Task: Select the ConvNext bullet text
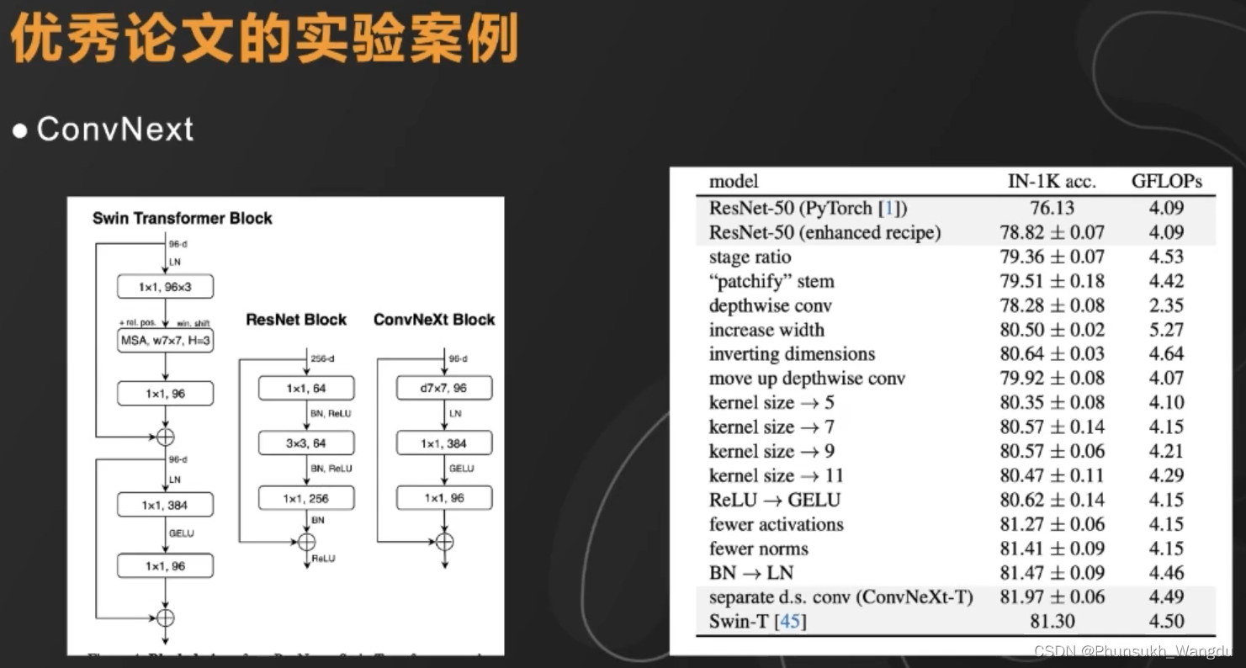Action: point(114,130)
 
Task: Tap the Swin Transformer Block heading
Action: point(182,219)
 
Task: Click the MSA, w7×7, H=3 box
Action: point(165,341)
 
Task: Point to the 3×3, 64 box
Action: point(305,443)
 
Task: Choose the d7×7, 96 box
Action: point(444,389)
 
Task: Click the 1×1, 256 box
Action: point(305,499)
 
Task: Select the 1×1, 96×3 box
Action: point(165,287)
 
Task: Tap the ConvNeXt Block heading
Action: point(434,320)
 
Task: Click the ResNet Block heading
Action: point(296,320)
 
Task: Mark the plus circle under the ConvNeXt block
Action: point(445,542)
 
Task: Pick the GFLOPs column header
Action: point(1166,181)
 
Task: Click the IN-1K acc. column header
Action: point(1052,181)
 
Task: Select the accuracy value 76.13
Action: point(1052,208)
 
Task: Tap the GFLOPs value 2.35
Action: point(1166,305)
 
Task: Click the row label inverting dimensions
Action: point(792,354)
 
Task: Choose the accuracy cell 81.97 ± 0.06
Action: point(1052,597)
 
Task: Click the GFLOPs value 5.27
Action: point(1166,330)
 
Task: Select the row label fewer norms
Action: point(758,549)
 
